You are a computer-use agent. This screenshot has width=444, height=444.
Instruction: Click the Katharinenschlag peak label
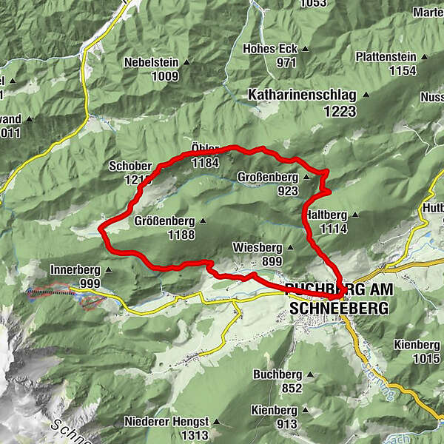(x=301, y=95)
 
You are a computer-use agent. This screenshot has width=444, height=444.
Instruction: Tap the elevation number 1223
(x=339, y=112)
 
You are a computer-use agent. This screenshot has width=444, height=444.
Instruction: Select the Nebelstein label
(x=152, y=62)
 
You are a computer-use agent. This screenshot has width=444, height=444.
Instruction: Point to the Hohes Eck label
(x=269, y=49)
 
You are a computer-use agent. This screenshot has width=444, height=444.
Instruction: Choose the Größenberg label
(x=165, y=221)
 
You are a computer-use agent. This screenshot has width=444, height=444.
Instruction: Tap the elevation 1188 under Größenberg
(x=181, y=235)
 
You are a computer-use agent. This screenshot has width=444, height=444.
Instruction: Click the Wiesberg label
(x=257, y=247)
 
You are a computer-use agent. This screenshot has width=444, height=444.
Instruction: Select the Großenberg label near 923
(x=267, y=178)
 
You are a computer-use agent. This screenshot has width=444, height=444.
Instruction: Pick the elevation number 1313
(x=194, y=435)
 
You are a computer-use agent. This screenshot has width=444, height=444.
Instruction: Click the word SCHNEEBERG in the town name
(x=340, y=307)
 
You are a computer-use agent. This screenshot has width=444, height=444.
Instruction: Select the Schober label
(x=129, y=166)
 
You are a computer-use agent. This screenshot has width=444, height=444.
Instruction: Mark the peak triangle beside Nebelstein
(x=186, y=62)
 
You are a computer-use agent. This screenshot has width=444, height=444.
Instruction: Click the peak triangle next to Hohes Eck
(x=304, y=50)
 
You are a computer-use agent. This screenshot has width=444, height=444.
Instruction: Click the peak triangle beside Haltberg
(x=354, y=215)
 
